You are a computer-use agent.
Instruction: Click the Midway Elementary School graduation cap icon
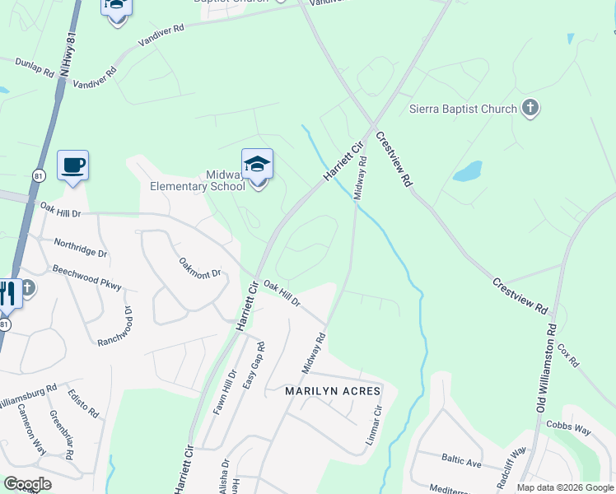coord(257,164)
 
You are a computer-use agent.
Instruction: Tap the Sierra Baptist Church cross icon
coord(530,108)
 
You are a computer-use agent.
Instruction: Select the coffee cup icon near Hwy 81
coord(72,165)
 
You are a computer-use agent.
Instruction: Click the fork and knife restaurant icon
coord(7,293)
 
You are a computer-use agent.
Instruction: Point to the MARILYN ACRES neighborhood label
coord(333,390)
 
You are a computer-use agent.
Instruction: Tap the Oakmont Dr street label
coord(201,268)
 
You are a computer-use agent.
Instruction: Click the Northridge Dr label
coord(81,249)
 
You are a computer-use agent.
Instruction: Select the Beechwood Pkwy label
coord(86,277)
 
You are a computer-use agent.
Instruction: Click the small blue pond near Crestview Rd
coord(467,171)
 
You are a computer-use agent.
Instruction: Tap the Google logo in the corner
coord(27,484)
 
